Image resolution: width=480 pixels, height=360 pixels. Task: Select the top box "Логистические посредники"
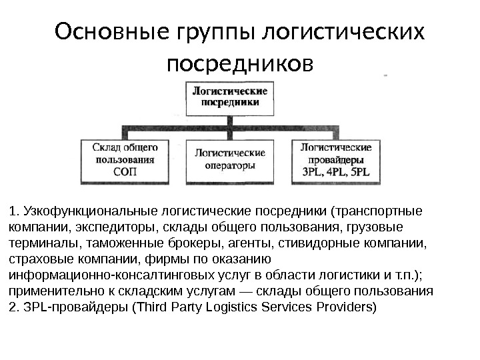[x=231, y=97]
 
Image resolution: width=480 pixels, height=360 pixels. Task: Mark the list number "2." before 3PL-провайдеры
[x=14, y=307]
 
